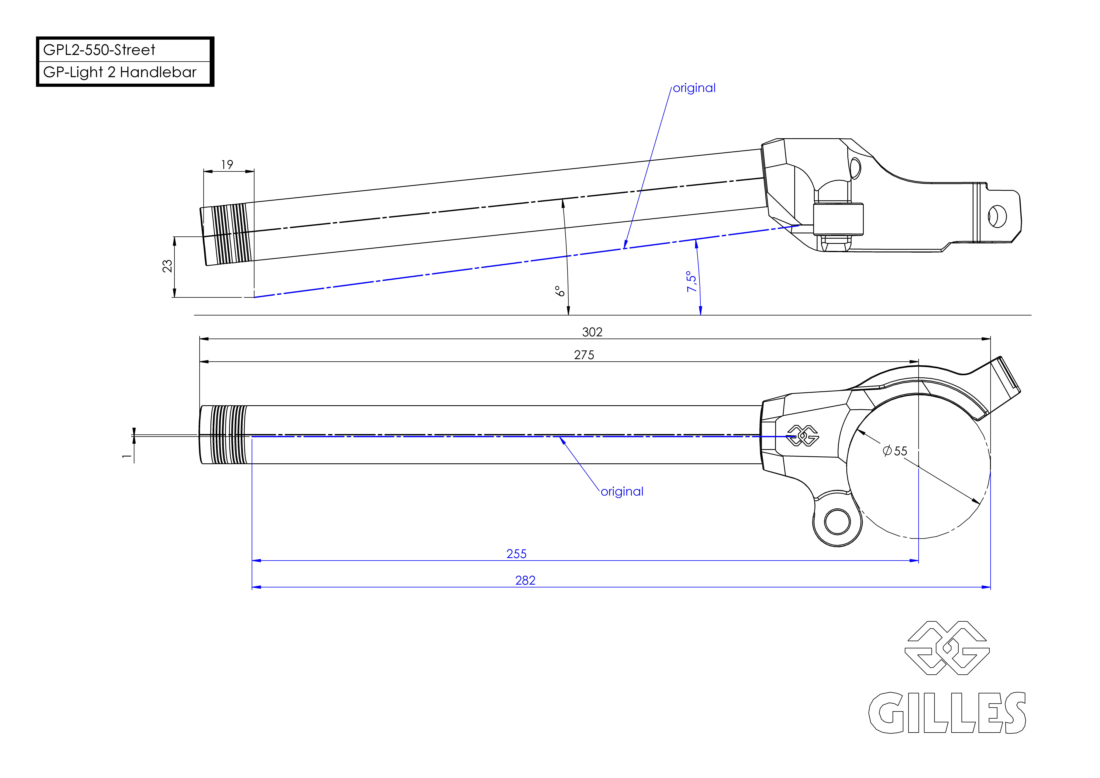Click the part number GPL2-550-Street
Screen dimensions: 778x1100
pos(99,50)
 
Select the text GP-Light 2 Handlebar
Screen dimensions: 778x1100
pos(120,72)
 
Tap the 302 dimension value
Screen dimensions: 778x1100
pos(592,332)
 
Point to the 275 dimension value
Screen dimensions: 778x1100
pos(584,355)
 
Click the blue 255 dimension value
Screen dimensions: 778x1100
pos(516,554)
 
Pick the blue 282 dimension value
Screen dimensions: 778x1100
pos(525,581)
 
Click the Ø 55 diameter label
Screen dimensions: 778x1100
pos(895,451)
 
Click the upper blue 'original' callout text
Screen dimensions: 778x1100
pos(694,88)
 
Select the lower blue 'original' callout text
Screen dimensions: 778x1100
pos(622,492)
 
